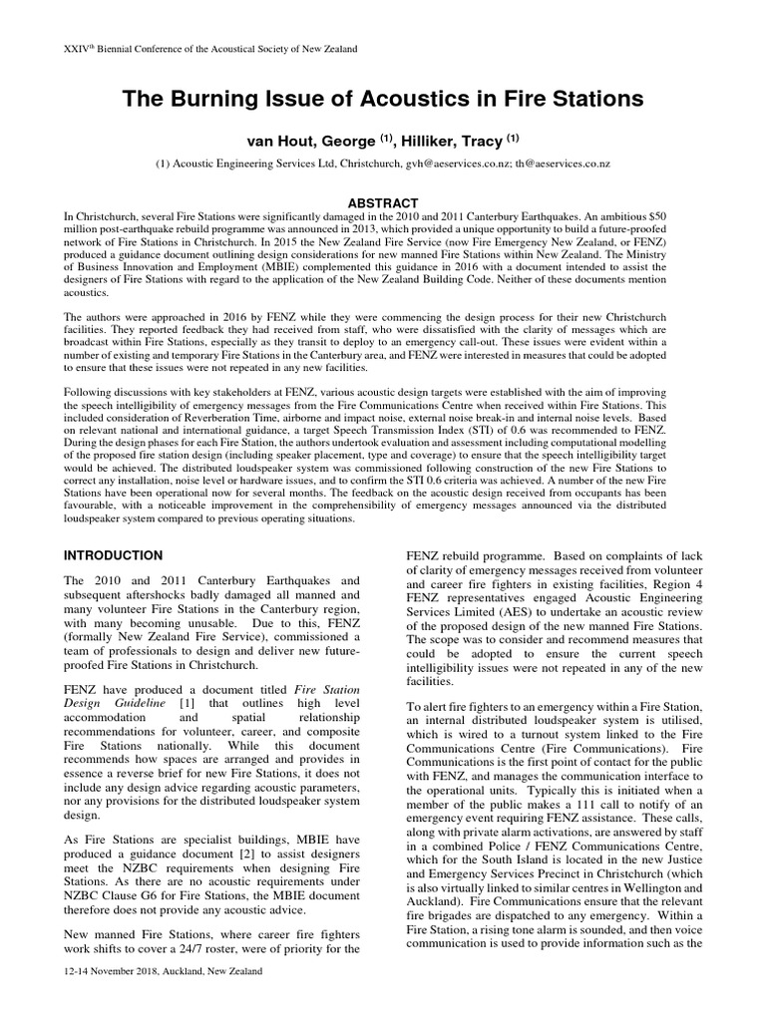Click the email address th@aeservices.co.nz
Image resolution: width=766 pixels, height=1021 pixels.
570,163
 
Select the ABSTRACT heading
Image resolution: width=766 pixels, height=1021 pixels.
383,200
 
